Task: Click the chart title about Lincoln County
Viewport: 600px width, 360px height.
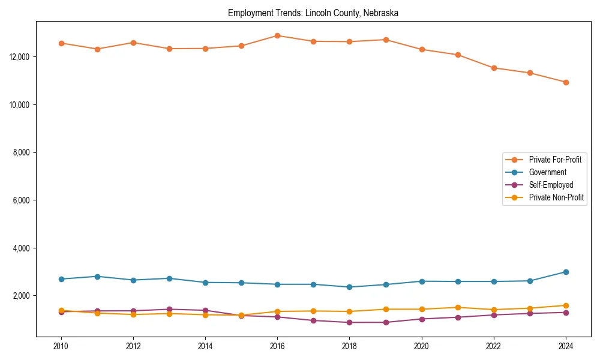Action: [x=313, y=13]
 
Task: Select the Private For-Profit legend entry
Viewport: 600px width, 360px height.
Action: [x=550, y=160]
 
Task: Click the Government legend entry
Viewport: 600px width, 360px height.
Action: [x=547, y=172]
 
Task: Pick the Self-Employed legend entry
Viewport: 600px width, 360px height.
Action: [x=551, y=185]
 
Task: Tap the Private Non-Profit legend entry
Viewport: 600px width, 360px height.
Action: [x=556, y=197]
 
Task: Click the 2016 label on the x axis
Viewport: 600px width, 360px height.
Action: [x=277, y=346]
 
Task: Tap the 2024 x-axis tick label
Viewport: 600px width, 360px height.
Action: [x=566, y=346]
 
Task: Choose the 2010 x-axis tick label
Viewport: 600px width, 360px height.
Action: [x=61, y=346]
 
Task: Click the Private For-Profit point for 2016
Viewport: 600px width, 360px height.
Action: [x=277, y=35]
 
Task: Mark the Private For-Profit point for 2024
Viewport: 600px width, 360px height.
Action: [x=566, y=82]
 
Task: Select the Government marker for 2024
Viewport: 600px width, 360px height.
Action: [x=566, y=272]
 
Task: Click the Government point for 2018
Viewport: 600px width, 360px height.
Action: [x=349, y=287]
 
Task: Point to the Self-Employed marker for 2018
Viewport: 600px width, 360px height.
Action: [x=349, y=322]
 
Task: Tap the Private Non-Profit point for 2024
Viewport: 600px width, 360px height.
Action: [x=566, y=305]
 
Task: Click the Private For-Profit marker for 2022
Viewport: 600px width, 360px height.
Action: [x=494, y=68]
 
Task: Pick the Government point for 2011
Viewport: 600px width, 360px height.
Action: [x=97, y=277]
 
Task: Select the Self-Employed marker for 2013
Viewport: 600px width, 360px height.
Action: [x=169, y=310]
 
